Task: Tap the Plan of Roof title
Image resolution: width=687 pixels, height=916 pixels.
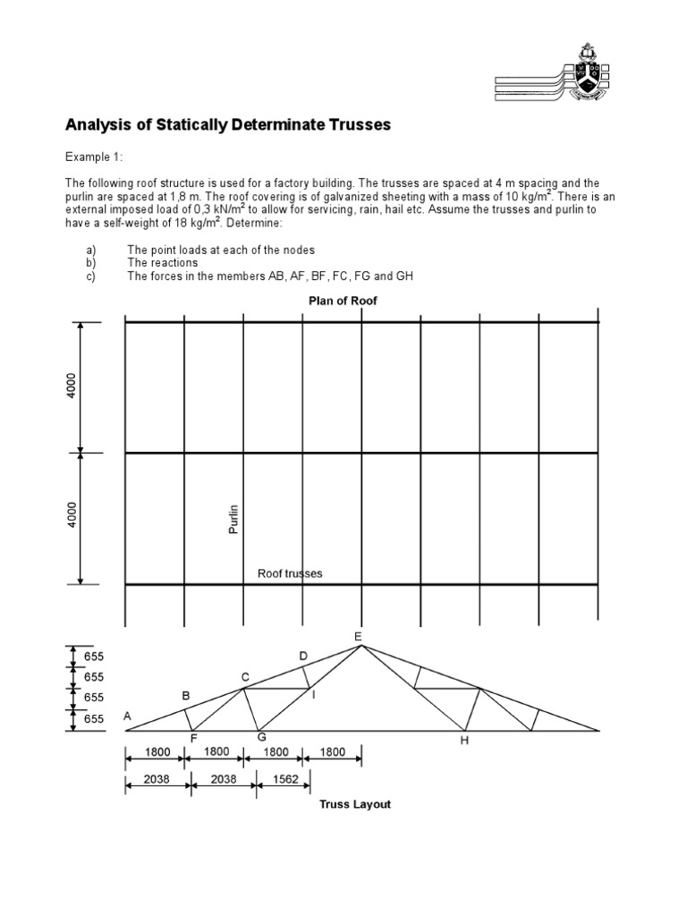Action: [343, 301]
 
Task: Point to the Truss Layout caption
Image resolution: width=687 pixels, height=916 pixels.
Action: [355, 804]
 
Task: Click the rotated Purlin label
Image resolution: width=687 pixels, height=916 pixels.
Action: [236, 519]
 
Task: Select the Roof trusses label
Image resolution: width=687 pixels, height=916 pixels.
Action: [290, 573]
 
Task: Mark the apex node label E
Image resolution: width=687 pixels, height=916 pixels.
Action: [358, 636]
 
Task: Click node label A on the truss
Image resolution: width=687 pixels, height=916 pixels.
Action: [127, 716]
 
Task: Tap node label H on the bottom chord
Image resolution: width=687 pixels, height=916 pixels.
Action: [464, 741]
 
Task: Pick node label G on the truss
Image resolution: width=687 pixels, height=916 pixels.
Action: [261, 737]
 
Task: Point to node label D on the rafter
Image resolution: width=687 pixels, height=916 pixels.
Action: [303, 657]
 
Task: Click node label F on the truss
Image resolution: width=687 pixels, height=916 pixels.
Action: [193, 739]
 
